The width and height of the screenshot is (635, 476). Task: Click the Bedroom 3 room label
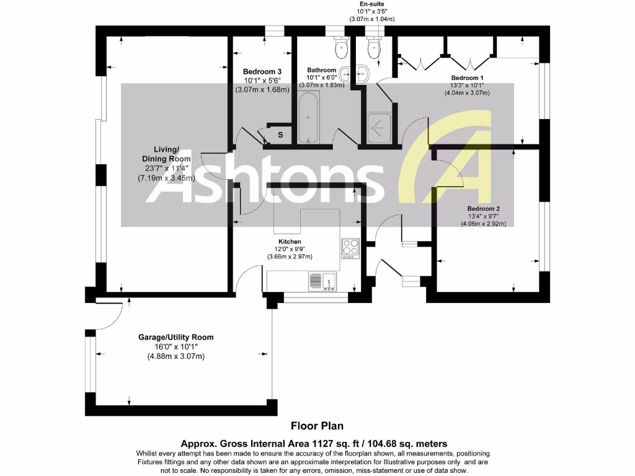[262, 71]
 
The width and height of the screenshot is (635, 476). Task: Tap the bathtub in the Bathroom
[308, 117]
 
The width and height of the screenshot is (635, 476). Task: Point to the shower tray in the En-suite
[379, 128]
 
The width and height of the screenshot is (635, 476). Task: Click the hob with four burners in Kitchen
[351, 248]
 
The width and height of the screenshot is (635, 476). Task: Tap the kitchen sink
[322, 281]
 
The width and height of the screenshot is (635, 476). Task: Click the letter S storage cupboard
[280, 134]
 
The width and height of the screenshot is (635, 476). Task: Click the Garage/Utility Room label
[175, 337]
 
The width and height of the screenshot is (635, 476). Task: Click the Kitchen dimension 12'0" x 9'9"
[290, 249]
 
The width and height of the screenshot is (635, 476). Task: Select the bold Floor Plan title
[317, 426]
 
